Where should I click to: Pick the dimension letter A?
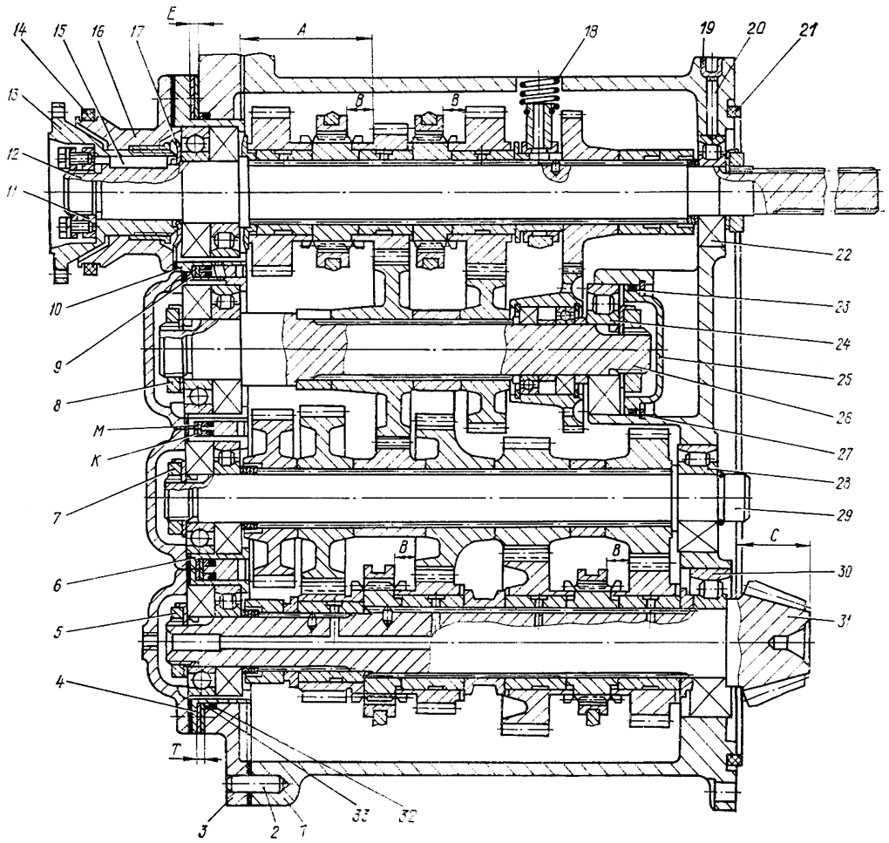(x=302, y=28)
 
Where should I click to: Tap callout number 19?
(x=707, y=31)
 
